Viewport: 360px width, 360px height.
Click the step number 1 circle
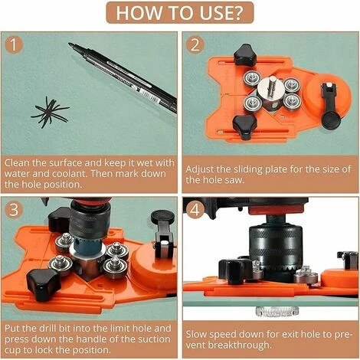click(x=14, y=45)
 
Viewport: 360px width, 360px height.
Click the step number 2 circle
click(x=195, y=45)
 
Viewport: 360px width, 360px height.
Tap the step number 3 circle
click(x=14, y=209)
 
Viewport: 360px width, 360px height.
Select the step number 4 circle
click(x=195, y=209)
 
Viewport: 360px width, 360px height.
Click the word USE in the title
click(x=221, y=13)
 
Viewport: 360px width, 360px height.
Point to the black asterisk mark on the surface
click(x=50, y=113)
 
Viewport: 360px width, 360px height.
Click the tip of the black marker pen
click(x=69, y=44)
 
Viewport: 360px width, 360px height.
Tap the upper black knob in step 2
click(x=245, y=55)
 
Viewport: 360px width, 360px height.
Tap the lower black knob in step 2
click(x=244, y=126)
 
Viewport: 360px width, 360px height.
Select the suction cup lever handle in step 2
click(x=330, y=106)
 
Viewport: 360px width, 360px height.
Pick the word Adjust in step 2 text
click(x=199, y=170)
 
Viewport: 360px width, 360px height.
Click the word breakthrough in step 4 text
click(x=240, y=345)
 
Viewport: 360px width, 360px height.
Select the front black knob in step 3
click(x=43, y=283)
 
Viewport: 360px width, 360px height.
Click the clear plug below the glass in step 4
click(x=277, y=310)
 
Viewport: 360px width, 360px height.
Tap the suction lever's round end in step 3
click(x=162, y=217)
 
